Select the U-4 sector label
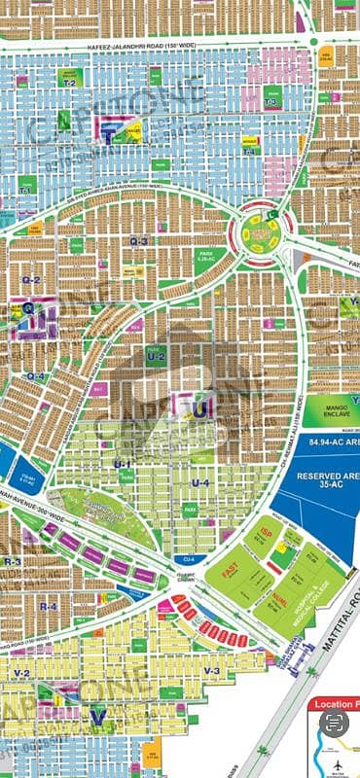[200, 483]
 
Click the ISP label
[266, 534]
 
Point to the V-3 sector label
[213, 671]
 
